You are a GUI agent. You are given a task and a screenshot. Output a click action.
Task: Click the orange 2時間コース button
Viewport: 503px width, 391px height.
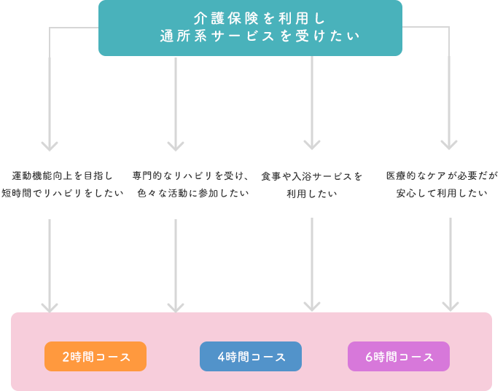(95, 357)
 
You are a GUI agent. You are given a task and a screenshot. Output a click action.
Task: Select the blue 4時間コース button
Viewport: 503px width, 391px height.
(251, 357)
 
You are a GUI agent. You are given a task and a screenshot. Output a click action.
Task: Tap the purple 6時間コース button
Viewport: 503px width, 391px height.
(399, 357)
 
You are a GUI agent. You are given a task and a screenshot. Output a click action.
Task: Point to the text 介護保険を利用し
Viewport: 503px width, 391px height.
(250, 17)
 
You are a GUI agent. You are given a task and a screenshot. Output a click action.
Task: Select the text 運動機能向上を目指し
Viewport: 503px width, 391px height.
(63, 176)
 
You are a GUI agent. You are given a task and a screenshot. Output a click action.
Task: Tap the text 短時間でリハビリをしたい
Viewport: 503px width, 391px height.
(63, 194)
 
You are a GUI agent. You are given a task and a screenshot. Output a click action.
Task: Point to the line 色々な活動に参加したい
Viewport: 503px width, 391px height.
(193, 194)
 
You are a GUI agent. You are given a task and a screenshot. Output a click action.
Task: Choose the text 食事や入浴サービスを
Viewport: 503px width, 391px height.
(312, 176)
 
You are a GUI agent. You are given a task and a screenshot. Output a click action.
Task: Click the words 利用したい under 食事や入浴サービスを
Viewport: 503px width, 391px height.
(312, 194)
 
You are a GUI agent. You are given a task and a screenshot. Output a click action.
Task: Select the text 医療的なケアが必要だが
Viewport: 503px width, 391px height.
(442, 176)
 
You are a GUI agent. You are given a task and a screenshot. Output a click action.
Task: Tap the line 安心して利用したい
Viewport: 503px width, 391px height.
(442, 194)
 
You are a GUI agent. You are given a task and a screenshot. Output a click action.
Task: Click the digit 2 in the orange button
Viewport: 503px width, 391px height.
(66, 357)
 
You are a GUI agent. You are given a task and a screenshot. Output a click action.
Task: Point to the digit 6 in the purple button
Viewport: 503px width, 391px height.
(369, 357)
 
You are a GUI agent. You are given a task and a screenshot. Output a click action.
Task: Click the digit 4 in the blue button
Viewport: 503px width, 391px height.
(221, 357)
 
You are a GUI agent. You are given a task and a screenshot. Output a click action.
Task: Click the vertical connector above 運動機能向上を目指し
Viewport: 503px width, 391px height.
(50, 102)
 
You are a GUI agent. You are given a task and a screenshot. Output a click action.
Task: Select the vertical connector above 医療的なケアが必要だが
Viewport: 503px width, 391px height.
(449, 102)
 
